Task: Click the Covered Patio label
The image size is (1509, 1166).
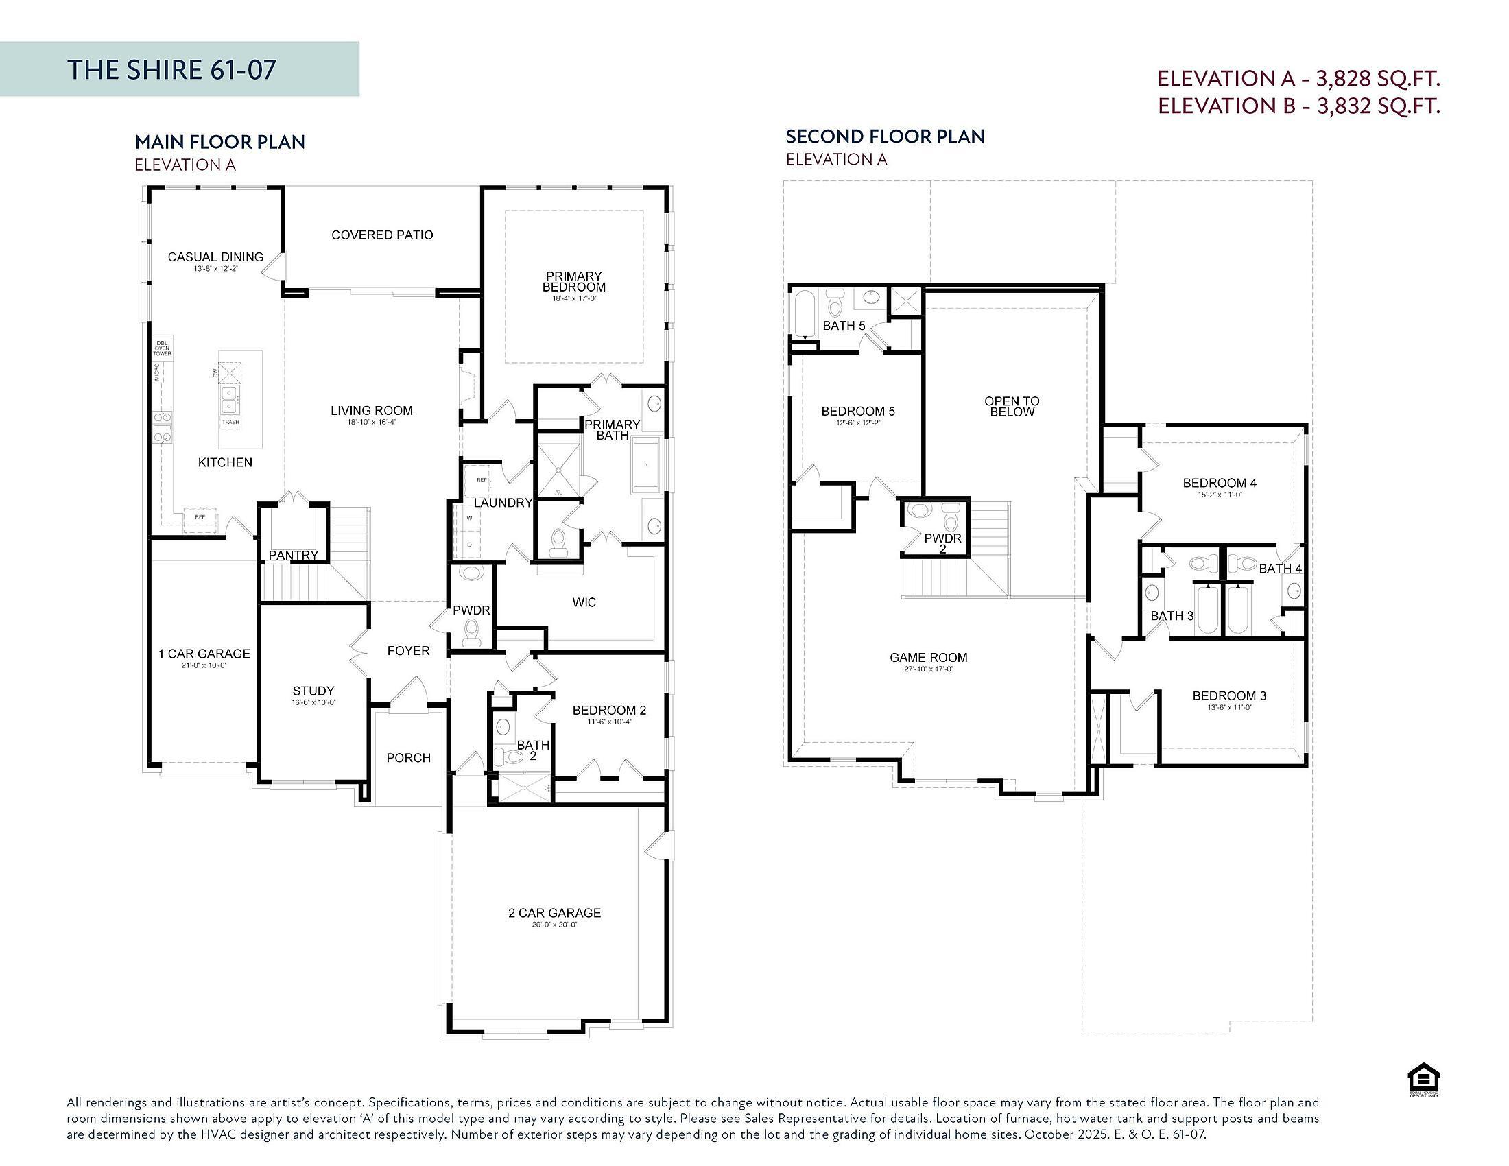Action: [382, 235]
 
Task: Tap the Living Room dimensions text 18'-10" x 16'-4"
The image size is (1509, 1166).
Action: [371, 422]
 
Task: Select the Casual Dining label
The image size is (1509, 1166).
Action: [215, 257]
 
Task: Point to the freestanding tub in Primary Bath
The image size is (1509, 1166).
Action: [647, 466]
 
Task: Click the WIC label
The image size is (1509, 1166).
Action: [584, 602]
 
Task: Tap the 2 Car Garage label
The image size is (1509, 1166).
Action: [554, 912]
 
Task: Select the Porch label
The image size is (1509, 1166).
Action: [408, 758]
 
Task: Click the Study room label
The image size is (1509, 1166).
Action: [313, 691]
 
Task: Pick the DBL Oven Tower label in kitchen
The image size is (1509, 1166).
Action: [163, 348]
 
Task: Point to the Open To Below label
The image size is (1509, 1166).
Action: [1012, 406]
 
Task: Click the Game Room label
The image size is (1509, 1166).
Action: [928, 658]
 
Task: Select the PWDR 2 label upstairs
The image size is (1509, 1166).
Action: [942, 543]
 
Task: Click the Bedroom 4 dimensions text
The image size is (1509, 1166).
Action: [1219, 495]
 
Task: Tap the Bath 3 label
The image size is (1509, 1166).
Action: [1172, 615]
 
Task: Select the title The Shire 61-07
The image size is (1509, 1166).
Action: [172, 70]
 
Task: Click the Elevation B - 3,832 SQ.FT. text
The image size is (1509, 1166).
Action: [1299, 106]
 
